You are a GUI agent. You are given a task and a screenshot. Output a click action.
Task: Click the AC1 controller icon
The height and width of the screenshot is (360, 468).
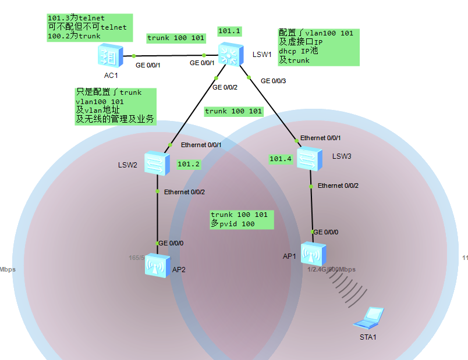click(109, 56)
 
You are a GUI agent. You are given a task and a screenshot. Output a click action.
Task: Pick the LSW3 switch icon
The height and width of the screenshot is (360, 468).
click(309, 158)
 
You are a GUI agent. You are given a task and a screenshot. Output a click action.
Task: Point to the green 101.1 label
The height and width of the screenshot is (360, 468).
click(229, 31)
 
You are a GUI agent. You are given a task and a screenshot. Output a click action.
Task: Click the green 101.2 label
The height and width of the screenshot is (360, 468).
click(189, 164)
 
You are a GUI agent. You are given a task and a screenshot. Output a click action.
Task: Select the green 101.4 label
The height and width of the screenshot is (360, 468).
click(281, 158)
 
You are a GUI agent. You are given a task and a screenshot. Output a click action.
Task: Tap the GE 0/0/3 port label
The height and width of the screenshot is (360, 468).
click(273, 81)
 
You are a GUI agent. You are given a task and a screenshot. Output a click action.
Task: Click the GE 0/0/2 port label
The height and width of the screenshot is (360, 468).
click(225, 87)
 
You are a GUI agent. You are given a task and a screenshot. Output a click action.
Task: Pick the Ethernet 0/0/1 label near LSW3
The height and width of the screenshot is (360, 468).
click(321, 138)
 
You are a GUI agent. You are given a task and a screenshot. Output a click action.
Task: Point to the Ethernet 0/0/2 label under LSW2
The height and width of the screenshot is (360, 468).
click(184, 192)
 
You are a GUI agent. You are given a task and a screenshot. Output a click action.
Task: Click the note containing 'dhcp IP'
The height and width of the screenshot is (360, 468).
click(318, 47)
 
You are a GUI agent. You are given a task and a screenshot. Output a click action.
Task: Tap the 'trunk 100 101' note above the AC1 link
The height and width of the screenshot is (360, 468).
click(176, 38)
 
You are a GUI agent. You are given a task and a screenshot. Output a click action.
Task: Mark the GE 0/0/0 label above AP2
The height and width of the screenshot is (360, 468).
click(171, 243)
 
